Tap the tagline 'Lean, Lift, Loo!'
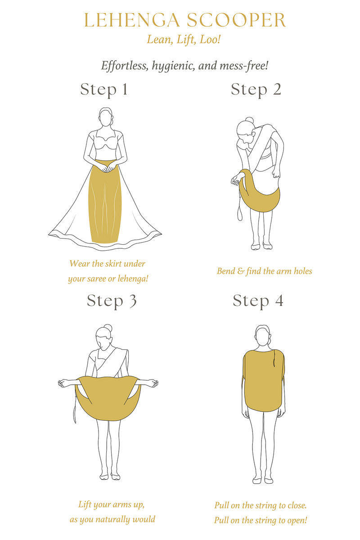[184, 40]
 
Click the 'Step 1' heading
[104, 89]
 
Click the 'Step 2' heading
[256, 89]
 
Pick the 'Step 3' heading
[112, 300]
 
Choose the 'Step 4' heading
[258, 300]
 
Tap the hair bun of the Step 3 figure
[106, 328]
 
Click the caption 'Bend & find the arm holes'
[264, 271]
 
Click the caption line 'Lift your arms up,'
[112, 504]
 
